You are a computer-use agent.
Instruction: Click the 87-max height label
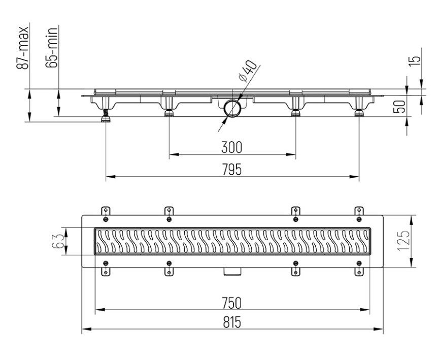(22, 47)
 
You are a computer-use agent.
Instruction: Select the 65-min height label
(52, 47)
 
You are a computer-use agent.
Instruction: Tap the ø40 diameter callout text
(247, 71)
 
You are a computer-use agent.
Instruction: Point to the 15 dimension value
(415, 60)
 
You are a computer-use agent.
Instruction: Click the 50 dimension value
(399, 106)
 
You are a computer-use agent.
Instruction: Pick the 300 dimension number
(231, 147)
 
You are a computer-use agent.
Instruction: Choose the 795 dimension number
(231, 170)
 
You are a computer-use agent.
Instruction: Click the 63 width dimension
(58, 241)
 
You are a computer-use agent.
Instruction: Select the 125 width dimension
(404, 241)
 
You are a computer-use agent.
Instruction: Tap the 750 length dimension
(231, 303)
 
